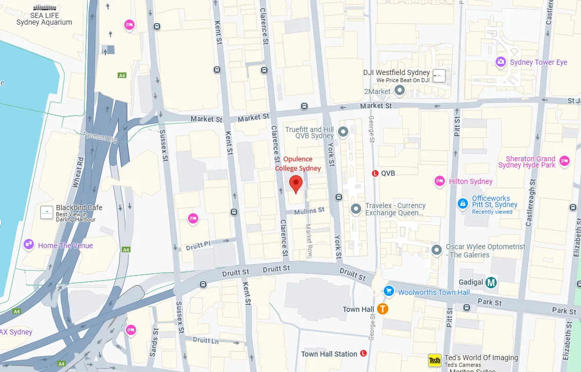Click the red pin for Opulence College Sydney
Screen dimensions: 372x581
click(295, 183)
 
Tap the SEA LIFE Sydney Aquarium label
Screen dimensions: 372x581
click(44, 19)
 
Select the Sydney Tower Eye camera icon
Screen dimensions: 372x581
click(500, 62)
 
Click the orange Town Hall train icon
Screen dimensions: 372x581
click(383, 309)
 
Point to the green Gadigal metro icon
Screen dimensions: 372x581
click(492, 282)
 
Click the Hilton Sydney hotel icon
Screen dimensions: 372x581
click(439, 180)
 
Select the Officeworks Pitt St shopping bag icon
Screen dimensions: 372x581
click(463, 204)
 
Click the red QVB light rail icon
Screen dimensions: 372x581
click(375, 173)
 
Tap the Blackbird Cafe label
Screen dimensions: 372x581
click(79, 208)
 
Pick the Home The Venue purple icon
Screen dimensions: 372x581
click(29, 245)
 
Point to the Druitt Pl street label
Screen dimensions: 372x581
click(198, 245)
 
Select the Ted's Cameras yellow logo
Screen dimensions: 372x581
click(435, 361)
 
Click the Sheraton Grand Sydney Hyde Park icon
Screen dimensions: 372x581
click(565, 161)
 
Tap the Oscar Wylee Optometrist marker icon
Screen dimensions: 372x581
click(437, 250)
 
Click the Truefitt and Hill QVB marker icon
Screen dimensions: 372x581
click(343, 133)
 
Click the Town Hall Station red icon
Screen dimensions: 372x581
click(364, 354)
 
